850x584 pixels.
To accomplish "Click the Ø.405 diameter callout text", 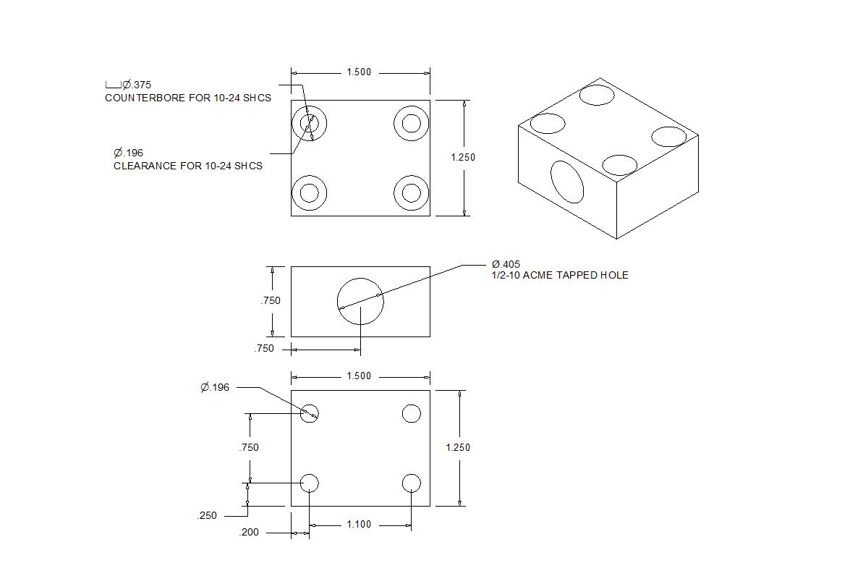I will point(506,264).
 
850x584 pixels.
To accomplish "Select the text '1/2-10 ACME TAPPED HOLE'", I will point(560,276).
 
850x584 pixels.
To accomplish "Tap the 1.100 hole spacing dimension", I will point(359,525).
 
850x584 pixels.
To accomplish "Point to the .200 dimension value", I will point(250,533).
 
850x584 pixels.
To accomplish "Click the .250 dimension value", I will point(207,516).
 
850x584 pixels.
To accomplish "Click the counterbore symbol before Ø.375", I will point(113,85).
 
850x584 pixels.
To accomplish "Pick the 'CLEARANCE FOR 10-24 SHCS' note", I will point(187,166).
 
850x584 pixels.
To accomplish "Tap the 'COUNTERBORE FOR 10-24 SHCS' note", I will point(188,98).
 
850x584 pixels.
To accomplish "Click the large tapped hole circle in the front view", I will point(360,302).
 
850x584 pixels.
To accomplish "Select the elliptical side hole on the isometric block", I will point(567,182).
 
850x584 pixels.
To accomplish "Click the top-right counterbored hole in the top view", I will point(411,123).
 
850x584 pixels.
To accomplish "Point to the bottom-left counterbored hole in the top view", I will point(309,192).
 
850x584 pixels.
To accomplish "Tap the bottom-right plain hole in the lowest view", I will point(411,483).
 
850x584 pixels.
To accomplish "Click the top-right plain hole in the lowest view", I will point(411,413).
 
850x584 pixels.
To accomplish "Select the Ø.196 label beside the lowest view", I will point(215,388).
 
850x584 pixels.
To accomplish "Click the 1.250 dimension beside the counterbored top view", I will point(463,158).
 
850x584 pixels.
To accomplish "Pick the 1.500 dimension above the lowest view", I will point(359,376).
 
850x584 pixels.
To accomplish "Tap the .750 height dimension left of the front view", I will point(271,301).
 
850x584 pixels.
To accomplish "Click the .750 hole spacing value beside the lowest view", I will point(249,448).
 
